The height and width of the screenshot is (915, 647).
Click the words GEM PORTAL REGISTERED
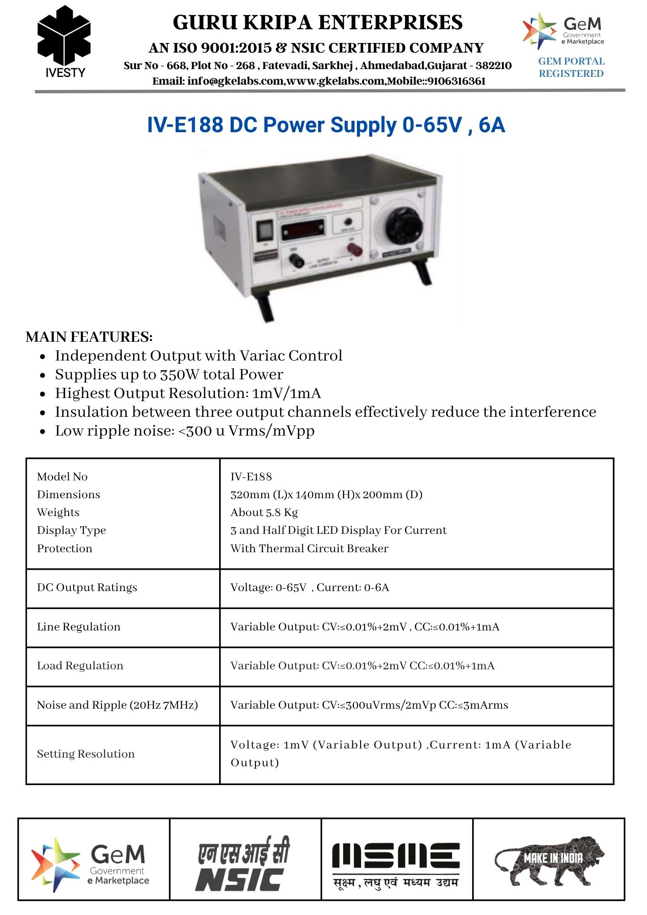tap(571, 67)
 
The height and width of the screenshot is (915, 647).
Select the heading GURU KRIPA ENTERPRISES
tap(318, 22)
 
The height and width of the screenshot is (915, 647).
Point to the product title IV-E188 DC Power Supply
tap(325, 125)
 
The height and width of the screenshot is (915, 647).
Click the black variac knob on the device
tap(403, 225)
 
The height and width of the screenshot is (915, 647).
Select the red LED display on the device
tap(302, 229)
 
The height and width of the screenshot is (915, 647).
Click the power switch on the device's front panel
tap(264, 231)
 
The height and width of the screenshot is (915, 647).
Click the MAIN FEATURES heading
tap(89, 337)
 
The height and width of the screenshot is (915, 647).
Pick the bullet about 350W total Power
tap(169, 374)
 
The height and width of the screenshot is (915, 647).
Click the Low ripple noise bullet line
tap(184, 431)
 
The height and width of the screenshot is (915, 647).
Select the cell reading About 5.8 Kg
tap(264, 512)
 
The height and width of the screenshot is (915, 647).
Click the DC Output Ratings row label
tap(87, 587)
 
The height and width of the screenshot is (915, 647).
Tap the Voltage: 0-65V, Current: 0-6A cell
tap(310, 587)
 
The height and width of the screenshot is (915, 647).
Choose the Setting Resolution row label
tap(86, 754)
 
